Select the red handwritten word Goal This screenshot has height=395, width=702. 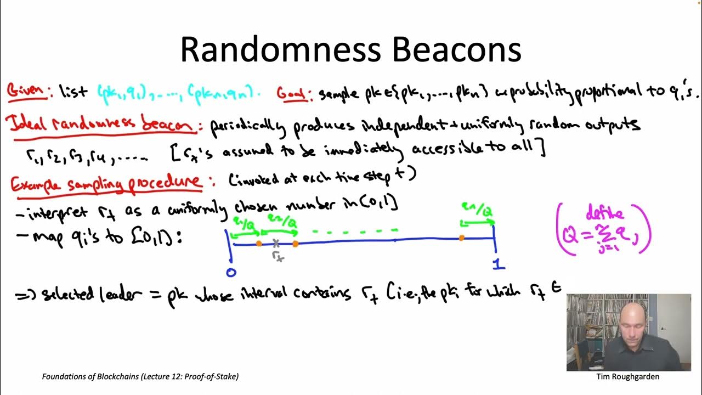point(291,93)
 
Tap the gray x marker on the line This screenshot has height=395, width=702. point(276,243)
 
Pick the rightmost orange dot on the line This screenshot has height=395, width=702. point(462,238)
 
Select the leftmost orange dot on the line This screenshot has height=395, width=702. point(259,242)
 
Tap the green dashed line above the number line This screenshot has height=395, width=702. point(354,232)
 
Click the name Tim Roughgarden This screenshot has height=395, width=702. point(627,377)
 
